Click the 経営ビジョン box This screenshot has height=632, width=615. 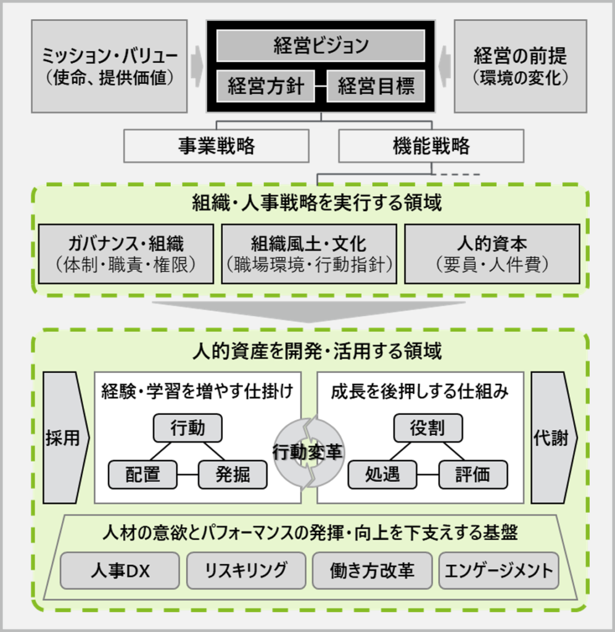[321, 46]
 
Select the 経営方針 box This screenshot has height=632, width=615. [265, 86]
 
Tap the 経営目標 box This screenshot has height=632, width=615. [376, 86]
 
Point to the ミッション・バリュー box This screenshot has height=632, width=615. [109, 66]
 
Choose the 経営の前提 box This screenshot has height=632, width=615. [521, 66]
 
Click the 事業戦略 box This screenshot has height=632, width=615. [217, 146]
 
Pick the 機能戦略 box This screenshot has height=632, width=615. [431, 146]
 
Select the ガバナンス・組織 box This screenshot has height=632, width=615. [126, 254]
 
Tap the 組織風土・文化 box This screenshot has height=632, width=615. [309, 254]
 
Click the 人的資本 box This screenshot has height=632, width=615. [492, 254]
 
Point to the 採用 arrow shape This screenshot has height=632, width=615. [66, 438]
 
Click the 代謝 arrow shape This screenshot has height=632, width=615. [554, 438]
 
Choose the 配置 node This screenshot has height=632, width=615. [142, 475]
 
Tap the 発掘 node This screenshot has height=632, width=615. [233, 475]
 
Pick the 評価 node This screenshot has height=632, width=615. [473, 475]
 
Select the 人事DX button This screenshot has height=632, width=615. [120, 571]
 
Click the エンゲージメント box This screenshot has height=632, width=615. [498, 571]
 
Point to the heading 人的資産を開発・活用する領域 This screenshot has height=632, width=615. [317, 351]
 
